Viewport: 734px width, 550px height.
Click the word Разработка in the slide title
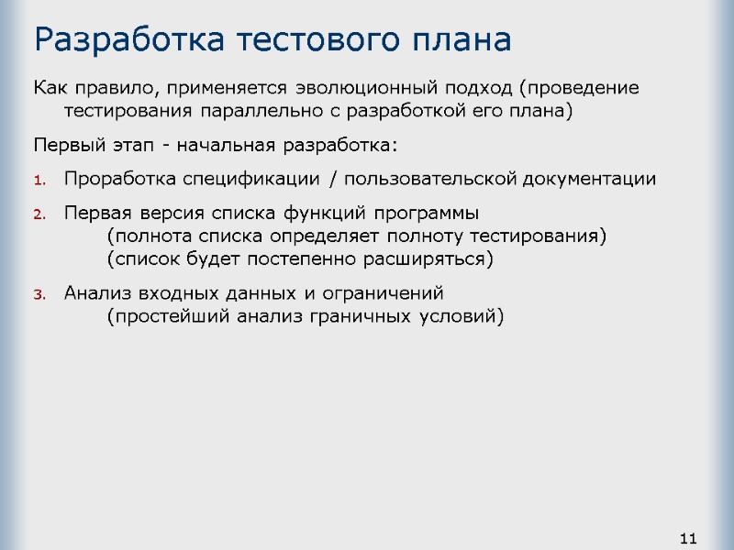pos(127,41)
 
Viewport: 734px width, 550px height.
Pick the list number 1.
pos(39,180)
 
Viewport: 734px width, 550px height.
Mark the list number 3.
pos(39,295)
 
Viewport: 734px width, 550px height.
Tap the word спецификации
pos(241,179)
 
